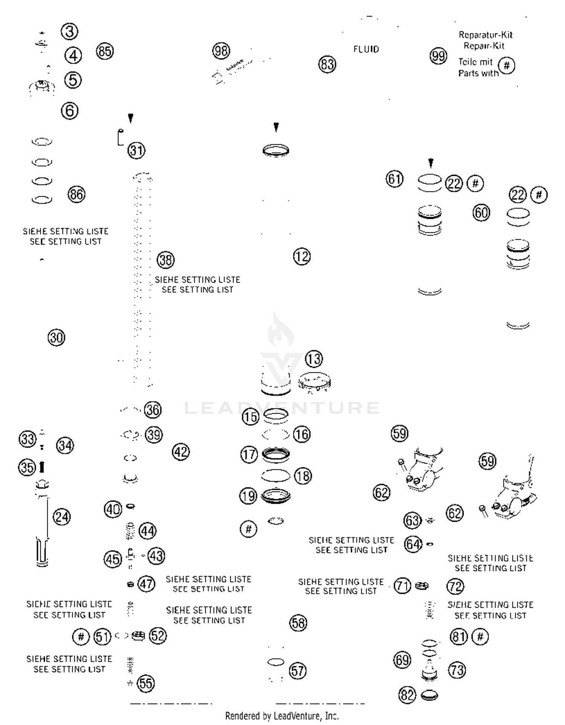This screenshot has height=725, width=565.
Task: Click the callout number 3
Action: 69,32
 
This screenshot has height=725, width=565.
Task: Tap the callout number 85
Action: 105,51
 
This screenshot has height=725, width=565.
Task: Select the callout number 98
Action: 221,51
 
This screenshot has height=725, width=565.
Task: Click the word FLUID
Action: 366,49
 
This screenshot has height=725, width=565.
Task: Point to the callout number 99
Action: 438,56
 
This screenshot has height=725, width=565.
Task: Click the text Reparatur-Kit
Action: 486,35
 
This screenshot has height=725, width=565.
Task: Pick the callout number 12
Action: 302,257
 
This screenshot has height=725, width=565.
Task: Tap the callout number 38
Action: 166,260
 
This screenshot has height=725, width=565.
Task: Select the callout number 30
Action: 56,337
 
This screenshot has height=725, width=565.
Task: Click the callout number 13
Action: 314,359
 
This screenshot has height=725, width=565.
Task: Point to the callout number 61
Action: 394,179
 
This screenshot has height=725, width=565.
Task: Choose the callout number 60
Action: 481,213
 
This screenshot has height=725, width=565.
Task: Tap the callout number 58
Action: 298,623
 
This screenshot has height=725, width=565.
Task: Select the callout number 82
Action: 407,695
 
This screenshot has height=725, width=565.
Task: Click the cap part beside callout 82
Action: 429,695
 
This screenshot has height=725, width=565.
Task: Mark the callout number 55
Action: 146,683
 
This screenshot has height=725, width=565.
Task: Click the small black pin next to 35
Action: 42,467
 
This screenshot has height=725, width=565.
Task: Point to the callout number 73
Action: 457,670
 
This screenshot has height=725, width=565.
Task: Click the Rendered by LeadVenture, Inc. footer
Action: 282,716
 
